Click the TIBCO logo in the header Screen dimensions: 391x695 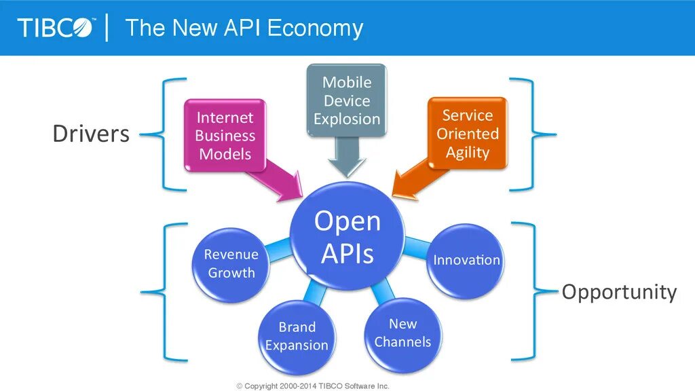[x=57, y=28]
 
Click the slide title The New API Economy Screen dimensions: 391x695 [x=244, y=28]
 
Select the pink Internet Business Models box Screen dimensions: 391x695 [x=225, y=136]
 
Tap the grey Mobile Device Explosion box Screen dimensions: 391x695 [x=346, y=100]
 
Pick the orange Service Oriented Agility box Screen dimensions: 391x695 [x=468, y=134]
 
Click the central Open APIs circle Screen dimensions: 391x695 [x=347, y=237]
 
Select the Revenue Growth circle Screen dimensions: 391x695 [x=231, y=263]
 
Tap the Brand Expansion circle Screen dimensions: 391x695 [x=297, y=336]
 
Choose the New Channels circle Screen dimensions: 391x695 [x=402, y=333]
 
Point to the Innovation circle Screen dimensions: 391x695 [x=466, y=260]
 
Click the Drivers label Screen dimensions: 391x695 [x=91, y=134]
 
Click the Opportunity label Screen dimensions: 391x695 [x=619, y=292]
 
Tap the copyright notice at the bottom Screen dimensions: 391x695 [x=313, y=386]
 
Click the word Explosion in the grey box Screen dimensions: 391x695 [x=347, y=119]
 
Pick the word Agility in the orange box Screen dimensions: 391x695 [x=468, y=152]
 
